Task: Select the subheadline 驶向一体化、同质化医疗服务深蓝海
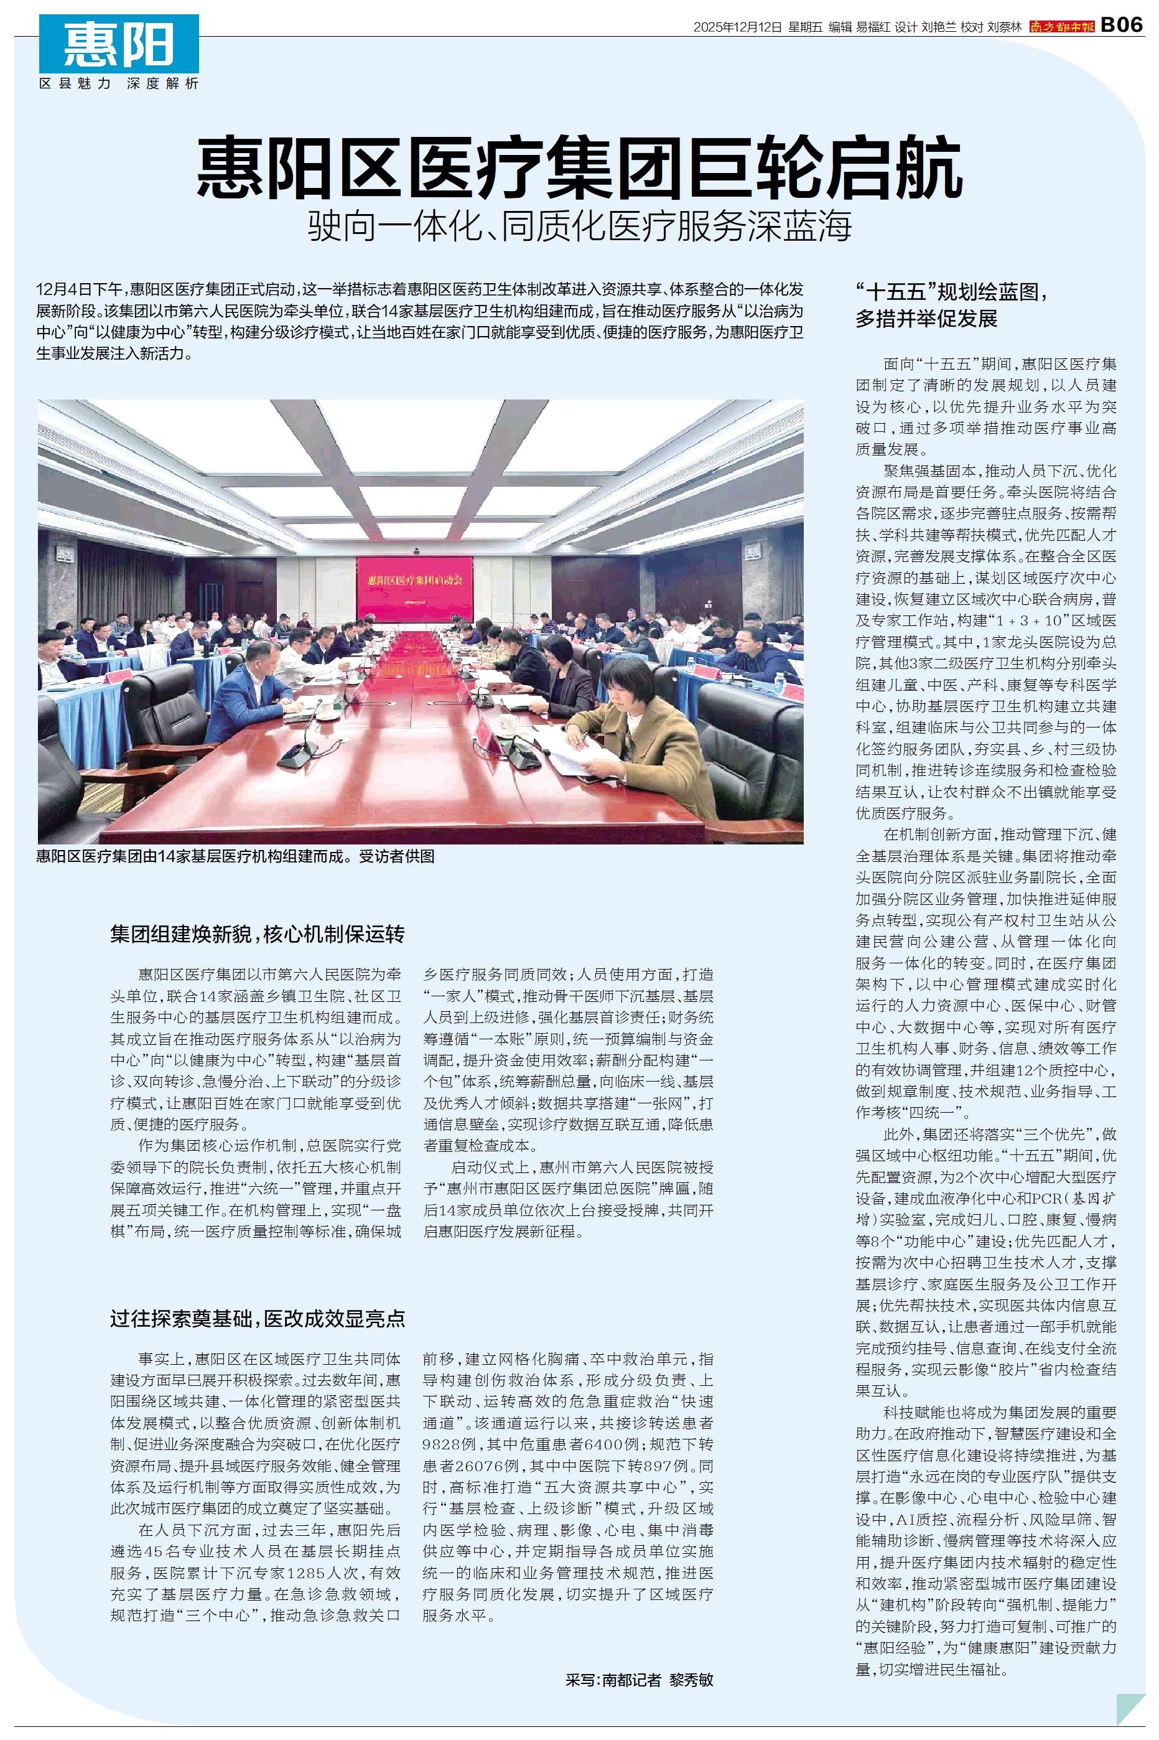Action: [580, 225]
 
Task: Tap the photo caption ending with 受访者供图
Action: [235, 857]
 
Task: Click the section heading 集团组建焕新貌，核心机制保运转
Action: [257, 934]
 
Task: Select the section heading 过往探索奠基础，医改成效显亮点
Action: [257, 1319]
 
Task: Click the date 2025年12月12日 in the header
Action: [737, 27]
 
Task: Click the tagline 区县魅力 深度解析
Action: [119, 83]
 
